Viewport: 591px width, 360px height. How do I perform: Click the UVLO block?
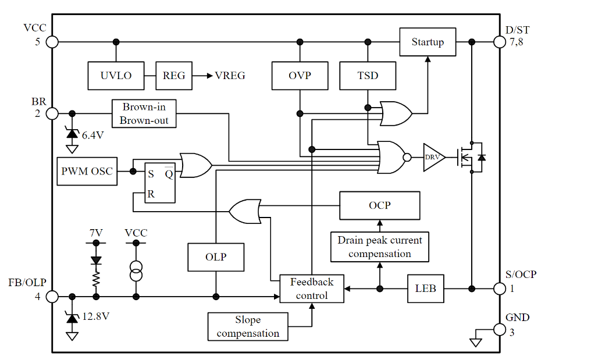[x=116, y=76]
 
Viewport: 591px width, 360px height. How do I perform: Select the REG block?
[x=174, y=76]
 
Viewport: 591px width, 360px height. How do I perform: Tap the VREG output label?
[x=230, y=76]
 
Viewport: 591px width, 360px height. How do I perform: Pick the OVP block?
[x=300, y=76]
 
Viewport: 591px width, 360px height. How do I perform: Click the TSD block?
[x=368, y=76]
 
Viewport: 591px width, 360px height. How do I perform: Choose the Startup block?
[x=428, y=42]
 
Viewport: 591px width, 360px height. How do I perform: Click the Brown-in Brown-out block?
[x=144, y=113]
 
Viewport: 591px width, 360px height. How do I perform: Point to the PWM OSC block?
[x=87, y=172]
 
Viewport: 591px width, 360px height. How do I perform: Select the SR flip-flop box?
[x=154, y=181]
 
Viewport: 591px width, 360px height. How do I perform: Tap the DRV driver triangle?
[x=433, y=157]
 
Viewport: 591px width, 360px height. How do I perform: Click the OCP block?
[x=379, y=205]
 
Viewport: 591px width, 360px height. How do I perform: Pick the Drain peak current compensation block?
[x=379, y=247]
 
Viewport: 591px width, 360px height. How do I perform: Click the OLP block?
[x=216, y=257]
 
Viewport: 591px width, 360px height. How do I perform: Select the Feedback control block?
[x=312, y=288]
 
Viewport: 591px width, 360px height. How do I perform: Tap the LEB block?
[x=425, y=288]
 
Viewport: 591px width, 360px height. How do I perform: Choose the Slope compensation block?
[x=248, y=327]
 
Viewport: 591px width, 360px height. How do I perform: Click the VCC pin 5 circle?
[x=52, y=42]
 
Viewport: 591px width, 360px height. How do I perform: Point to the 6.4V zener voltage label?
[x=92, y=135]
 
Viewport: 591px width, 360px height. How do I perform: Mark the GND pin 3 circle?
[x=499, y=330]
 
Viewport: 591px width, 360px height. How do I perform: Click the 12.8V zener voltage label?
[x=96, y=317]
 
